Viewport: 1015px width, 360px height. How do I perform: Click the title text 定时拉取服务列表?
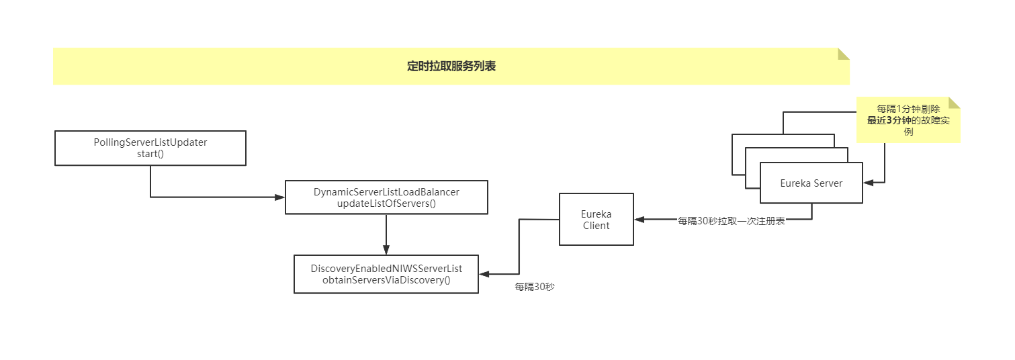click(451, 66)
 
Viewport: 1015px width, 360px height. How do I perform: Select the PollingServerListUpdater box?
click(150, 148)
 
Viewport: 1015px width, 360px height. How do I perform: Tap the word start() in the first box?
click(150, 154)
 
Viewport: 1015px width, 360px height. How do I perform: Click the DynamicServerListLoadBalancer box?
click(386, 197)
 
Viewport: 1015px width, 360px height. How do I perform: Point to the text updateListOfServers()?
click(386, 203)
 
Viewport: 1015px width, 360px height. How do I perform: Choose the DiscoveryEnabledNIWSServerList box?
click(386, 274)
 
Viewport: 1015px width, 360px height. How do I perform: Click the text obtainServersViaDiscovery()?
click(386, 280)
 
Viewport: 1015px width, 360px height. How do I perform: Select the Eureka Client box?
click(596, 220)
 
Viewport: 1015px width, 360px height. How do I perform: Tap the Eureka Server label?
click(811, 183)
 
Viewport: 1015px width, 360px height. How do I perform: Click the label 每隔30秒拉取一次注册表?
click(732, 221)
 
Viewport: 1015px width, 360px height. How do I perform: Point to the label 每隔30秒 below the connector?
click(535, 287)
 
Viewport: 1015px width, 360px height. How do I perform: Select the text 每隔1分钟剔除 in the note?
click(908, 109)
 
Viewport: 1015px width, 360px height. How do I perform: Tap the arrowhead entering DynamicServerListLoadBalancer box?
click(281, 197)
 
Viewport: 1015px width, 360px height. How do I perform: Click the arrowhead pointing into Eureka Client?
click(639, 220)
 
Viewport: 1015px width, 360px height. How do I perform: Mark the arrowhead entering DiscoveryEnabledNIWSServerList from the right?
click(484, 274)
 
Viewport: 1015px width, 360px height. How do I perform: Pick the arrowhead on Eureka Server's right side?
click(868, 182)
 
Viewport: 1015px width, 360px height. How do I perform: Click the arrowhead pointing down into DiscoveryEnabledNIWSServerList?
click(386, 251)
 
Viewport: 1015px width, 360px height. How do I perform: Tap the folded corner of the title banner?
click(844, 54)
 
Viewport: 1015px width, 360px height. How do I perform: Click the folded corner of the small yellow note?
click(954, 102)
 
